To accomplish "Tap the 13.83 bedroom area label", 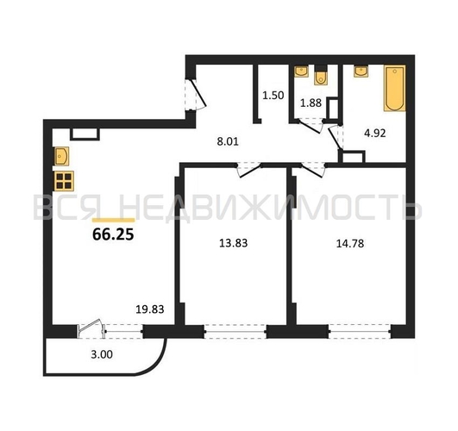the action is coord(234,243).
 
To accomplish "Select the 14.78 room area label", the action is coord(350,244).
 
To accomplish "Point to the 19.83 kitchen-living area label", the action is coord(150,309).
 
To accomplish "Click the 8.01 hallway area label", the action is coord(228,141).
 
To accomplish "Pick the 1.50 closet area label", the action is coord(273,96).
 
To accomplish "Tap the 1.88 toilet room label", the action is coord(311,103).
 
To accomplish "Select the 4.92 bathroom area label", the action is coord(375,134).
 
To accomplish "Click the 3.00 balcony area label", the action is coord(102,354).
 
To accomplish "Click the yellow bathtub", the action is coord(395,88).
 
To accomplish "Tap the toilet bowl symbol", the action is coord(321,77).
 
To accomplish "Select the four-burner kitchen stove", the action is coord(64,181).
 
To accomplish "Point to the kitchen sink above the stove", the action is coord(61,156).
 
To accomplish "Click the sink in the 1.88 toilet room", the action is coord(301,72).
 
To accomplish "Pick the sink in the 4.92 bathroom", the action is coord(361,72).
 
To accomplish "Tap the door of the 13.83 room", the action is coord(248,171).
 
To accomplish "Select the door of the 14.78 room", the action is coord(313,171).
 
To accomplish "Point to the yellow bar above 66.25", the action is coord(113,220).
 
